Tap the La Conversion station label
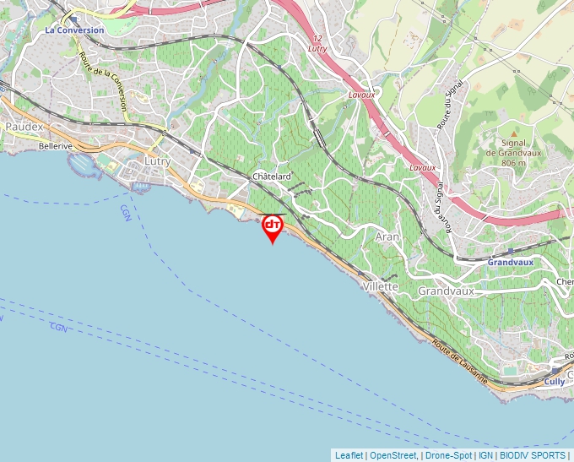pyautogui.click(x=75, y=30)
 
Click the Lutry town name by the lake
pyautogui.click(x=158, y=161)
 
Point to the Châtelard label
pyautogui.click(x=272, y=177)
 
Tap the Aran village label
pyautogui.click(x=387, y=237)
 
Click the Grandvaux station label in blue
pyautogui.click(x=511, y=263)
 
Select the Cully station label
pyautogui.click(x=554, y=382)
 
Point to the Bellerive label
pyautogui.click(x=56, y=146)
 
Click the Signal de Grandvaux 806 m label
pyautogui.click(x=513, y=153)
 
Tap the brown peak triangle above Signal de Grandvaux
pyautogui.click(x=513, y=133)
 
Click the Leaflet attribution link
pyautogui.click(x=349, y=455)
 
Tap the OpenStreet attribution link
pyautogui.click(x=393, y=455)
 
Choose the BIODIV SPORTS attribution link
pyautogui.click(x=533, y=455)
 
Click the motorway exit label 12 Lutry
pyautogui.click(x=317, y=45)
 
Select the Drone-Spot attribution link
pyautogui.click(x=448, y=455)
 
